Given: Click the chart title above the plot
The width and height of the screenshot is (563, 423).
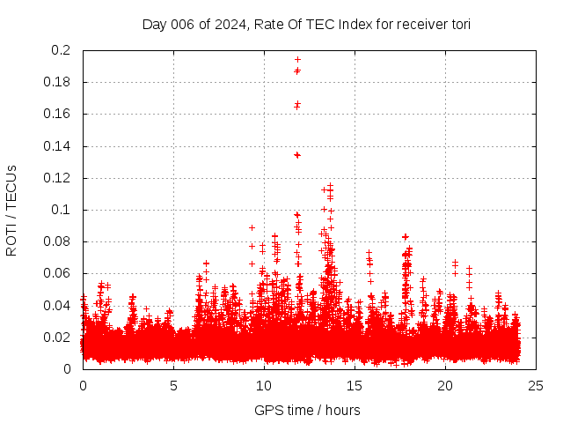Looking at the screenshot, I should click(x=306, y=25).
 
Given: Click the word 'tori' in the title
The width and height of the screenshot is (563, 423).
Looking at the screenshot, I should click(x=458, y=25).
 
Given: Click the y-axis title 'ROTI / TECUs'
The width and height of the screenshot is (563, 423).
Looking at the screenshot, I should click(x=11, y=210).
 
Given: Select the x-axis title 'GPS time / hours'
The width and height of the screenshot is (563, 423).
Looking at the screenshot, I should click(x=307, y=410).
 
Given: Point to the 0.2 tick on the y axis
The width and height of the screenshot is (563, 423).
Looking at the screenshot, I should click(x=62, y=50).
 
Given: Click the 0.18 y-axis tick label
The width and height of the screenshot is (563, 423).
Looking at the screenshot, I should click(x=56, y=82).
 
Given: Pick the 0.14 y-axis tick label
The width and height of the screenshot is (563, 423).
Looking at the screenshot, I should click(x=56, y=146).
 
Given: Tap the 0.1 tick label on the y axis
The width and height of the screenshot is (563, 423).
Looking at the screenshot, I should click(x=61, y=210).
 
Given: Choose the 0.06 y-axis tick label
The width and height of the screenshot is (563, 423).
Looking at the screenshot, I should click(x=56, y=273).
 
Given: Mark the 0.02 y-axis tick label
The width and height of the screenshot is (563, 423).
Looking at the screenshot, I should click(x=56, y=338).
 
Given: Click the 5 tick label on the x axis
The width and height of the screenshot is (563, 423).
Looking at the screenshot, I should click(x=173, y=385).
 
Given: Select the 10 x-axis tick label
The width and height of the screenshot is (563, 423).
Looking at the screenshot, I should click(x=264, y=385).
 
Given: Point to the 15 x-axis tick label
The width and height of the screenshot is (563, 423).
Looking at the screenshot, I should click(x=355, y=385).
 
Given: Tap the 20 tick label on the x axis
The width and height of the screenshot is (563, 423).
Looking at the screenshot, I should click(x=445, y=385).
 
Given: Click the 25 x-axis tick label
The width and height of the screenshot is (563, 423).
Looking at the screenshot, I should click(x=536, y=385).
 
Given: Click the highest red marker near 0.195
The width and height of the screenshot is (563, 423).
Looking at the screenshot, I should click(x=297, y=59).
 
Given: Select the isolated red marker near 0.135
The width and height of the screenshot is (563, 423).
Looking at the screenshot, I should click(x=296, y=155).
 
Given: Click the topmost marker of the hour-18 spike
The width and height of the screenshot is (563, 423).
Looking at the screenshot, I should click(x=406, y=236).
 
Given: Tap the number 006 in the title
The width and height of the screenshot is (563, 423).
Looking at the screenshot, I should click(x=180, y=25).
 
